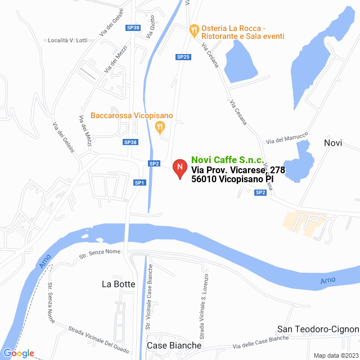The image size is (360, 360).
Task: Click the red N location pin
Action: [x=179, y=168]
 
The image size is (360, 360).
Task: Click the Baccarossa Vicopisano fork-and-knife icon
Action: [x=160, y=128]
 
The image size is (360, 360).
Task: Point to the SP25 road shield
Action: [x=183, y=57]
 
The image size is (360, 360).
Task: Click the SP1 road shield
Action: [x=139, y=182]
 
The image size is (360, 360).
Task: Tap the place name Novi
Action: [x=333, y=143]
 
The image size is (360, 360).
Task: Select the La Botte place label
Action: [x=119, y=284]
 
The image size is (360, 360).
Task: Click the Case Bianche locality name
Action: [x=174, y=345]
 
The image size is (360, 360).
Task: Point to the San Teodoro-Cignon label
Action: [x=318, y=329]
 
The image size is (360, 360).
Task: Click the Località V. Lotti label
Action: [x=67, y=40]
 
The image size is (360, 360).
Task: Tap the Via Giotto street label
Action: [x=151, y=26]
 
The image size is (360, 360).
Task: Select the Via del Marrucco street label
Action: [x=287, y=137]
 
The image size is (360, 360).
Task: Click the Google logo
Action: [x=18, y=353]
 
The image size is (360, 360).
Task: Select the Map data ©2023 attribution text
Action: [x=335, y=355]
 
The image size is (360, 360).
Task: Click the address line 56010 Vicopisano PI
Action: [x=232, y=179]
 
